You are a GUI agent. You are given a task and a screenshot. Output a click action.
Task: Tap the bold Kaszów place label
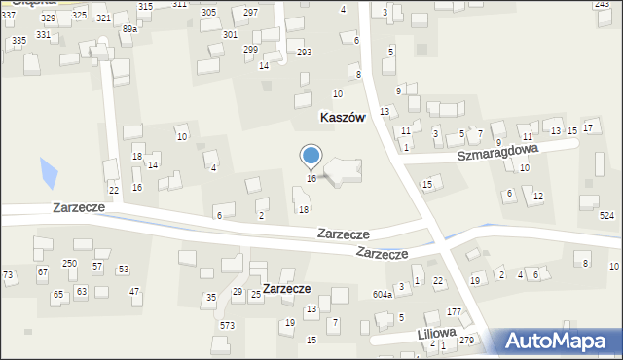pos(342,117)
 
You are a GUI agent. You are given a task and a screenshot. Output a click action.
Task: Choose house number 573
pos(227,325)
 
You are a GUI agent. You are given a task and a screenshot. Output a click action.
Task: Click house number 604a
pos(382,294)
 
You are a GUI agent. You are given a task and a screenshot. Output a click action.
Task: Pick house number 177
pos(454,311)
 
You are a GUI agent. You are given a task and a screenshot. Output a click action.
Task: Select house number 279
pos(466,340)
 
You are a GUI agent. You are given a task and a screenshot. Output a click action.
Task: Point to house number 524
pos(607,215)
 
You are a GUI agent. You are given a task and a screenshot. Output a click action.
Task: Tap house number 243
pos(602,5)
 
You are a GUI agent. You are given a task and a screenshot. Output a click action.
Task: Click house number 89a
pos(129,30)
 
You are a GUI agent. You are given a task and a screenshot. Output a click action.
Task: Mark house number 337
pos(8,17)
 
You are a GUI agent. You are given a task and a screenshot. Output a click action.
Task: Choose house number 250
pos(69,264)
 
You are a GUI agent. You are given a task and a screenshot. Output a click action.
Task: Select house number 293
pos(304,52)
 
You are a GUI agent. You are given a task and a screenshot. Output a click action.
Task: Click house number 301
pos(230,34)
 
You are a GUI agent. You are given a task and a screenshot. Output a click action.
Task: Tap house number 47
pos(134,292)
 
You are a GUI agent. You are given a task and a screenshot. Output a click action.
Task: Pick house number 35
pos(210,297)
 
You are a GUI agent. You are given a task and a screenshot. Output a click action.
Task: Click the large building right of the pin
pos(343,171)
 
